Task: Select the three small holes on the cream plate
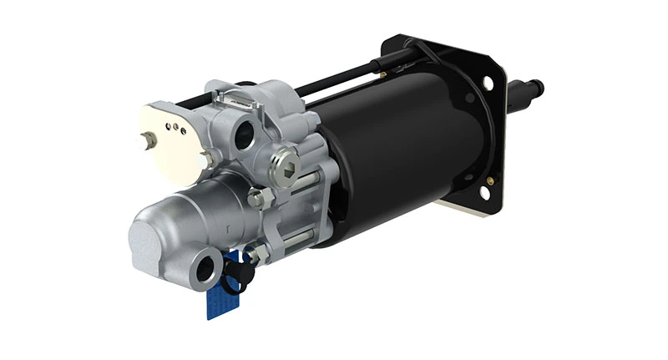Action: (x=175, y=128)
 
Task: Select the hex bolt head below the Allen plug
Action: (x=257, y=198)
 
